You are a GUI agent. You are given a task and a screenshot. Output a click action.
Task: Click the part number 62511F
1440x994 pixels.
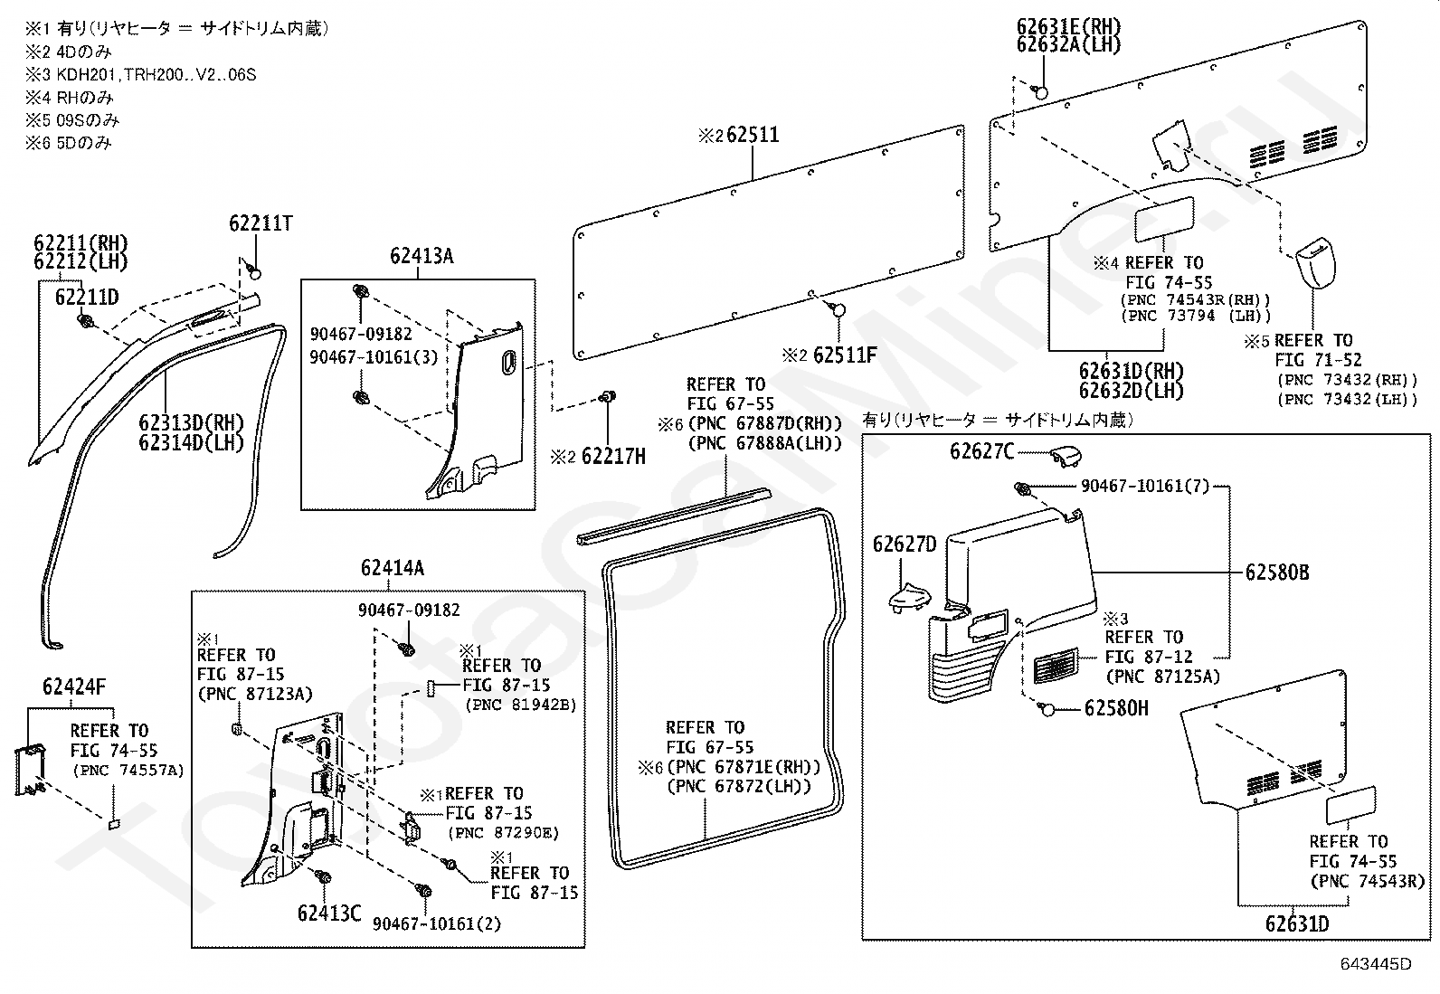click(845, 355)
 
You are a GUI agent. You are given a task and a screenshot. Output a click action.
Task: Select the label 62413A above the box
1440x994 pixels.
click(422, 256)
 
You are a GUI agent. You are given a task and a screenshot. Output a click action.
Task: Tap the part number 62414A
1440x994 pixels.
click(393, 568)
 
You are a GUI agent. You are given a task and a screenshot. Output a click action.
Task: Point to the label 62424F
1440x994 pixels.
click(74, 686)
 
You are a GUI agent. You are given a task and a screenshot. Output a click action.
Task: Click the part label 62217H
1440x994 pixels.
click(613, 457)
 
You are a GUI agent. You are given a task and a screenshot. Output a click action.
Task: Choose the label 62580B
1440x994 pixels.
click(1277, 573)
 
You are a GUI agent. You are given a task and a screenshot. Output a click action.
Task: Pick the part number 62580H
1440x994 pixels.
click(1117, 708)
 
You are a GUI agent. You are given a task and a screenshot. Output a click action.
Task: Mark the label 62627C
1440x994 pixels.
click(982, 452)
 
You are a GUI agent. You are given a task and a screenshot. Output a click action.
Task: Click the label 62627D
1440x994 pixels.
click(905, 544)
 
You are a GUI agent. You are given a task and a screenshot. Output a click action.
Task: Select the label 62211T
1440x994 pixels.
click(261, 223)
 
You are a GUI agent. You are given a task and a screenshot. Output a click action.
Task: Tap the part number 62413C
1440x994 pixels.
click(329, 914)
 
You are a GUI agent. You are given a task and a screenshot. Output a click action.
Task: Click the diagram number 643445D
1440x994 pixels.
click(1376, 964)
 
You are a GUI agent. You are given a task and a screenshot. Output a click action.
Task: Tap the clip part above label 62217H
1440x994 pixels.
click(608, 397)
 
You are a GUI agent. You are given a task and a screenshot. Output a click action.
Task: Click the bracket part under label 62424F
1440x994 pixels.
click(30, 769)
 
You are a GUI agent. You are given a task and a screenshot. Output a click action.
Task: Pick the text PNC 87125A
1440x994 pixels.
click(1162, 677)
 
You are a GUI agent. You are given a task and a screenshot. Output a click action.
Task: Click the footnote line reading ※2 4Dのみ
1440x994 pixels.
click(68, 52)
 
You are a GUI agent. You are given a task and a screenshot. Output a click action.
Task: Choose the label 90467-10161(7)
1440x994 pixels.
click(1145, 486)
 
